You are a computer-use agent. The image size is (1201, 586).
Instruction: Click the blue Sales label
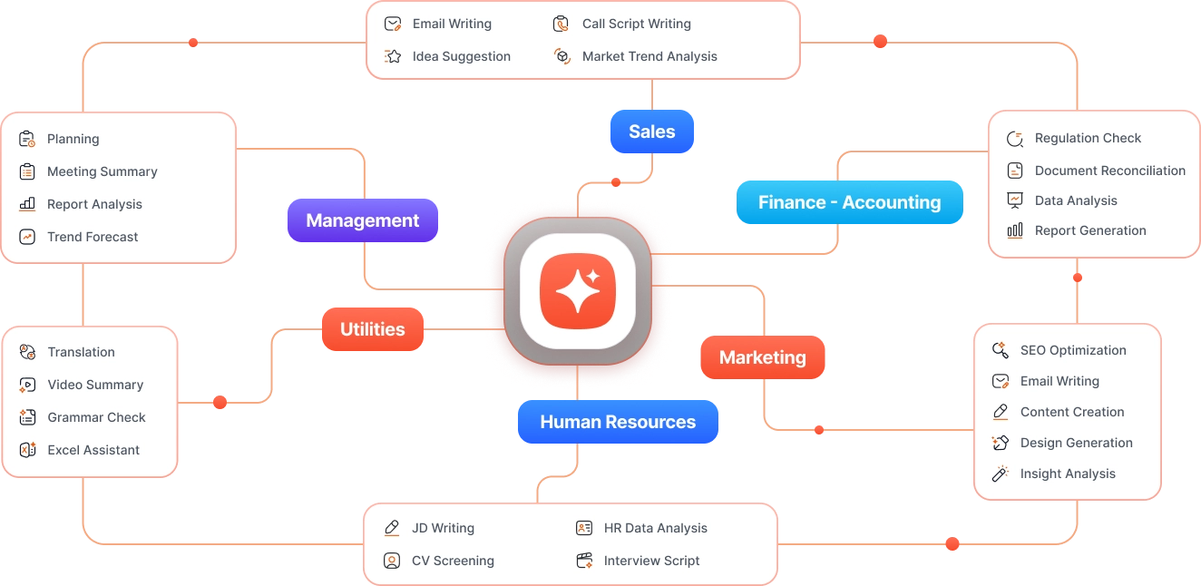[651, 132]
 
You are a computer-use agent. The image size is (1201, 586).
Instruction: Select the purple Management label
[362, 220]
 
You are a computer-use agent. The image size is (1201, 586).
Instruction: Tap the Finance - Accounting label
[849, 202]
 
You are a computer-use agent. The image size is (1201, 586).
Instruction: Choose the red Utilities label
[372, 329]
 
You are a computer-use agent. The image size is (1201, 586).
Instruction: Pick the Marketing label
[762, 357]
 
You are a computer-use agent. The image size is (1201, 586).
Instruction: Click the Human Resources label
[618, 422]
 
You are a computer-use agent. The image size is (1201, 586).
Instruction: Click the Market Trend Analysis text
[649, 56]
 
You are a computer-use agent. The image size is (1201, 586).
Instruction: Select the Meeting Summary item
[102, 171]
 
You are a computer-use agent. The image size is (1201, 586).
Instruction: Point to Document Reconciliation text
[1109, 171]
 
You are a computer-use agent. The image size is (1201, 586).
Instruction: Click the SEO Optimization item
[1073, 350]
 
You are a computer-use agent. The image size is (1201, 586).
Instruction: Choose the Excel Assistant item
[93, 450]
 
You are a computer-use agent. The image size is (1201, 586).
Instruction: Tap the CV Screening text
[453, 561]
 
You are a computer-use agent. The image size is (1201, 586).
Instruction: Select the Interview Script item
[651, 561]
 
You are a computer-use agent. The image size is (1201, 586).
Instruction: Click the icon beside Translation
[27, 352]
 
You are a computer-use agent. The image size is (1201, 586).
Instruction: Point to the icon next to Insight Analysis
[1001, 474]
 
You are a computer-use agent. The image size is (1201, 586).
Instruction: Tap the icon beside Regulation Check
[1015, 139]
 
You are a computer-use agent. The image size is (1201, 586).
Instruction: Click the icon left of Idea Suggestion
[393, 56]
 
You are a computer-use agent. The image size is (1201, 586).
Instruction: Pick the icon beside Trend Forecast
[27, 237]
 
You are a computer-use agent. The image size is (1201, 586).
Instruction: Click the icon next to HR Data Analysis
[584, 528]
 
